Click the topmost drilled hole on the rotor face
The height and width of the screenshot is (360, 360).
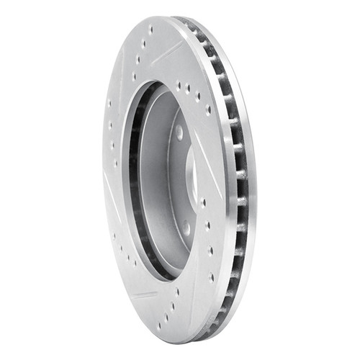click(x=150, y=30)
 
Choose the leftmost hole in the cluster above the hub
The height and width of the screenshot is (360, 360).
click(x=178, y=86)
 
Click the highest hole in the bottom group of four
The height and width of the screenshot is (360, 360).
click(x=177, y=292)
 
